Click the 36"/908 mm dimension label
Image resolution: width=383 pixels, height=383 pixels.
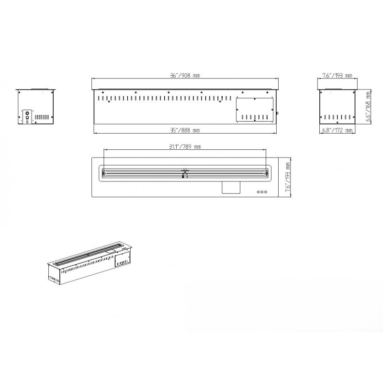click(x=185, y=76)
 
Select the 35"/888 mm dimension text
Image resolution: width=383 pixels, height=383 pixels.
click(x=185, y=130)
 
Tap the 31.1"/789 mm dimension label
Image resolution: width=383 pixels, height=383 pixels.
click(x=185, y=146)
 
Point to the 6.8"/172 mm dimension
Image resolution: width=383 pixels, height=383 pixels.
click(x=338, y=130)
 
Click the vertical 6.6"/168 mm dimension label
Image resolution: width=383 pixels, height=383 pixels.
click(x=368, y=106)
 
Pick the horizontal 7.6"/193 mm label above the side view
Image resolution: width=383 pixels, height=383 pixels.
click(x=337, y=76)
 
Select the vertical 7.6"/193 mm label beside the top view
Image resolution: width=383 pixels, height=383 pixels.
click(x=288, y=177)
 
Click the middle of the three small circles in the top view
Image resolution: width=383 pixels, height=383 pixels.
click(x=262, y=192)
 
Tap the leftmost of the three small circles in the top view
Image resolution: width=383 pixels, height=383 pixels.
click(x=259, y=192)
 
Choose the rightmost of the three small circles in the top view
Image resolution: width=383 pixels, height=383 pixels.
click(x=266, y=192)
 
